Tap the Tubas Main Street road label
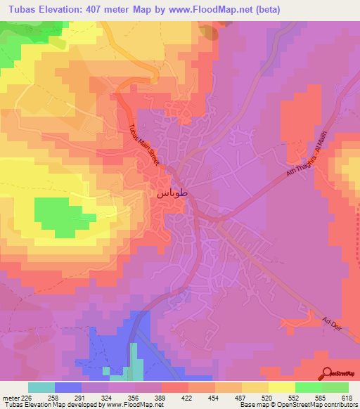point(144,145)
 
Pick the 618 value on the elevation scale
point(348,397)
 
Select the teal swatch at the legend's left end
point(41,387)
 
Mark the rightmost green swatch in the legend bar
point(335,387)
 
